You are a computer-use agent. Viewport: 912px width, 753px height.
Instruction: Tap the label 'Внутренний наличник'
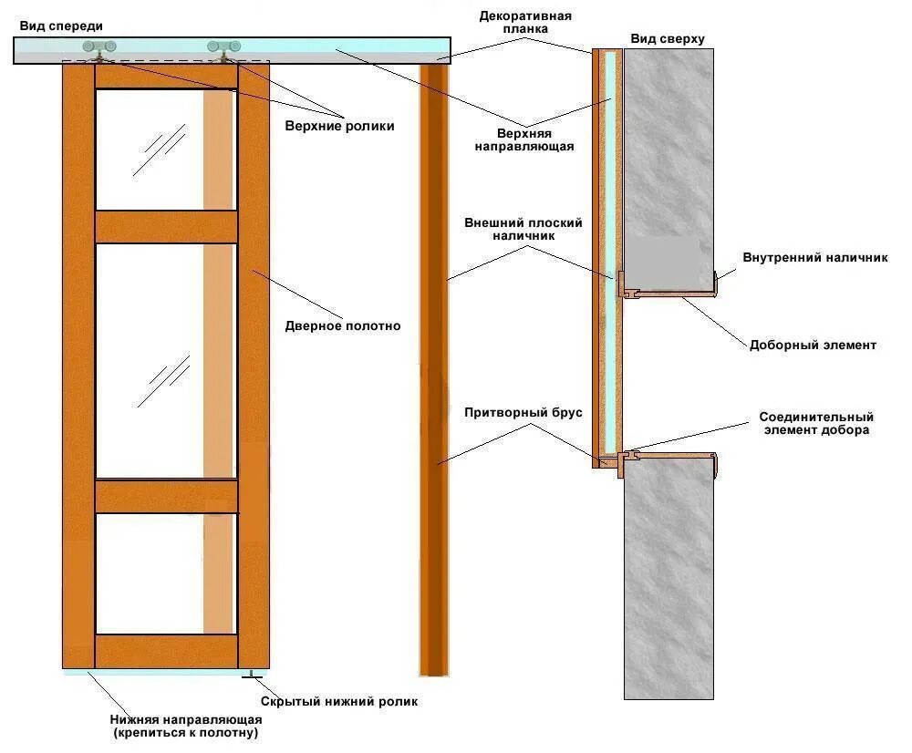pyautogui.click(x=814, y=258)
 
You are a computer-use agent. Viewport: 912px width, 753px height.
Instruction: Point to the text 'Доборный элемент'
pyautogui.click(x=813, y=345)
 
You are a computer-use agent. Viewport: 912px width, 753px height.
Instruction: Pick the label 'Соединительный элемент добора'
pyautogui.click(x=815, y=424)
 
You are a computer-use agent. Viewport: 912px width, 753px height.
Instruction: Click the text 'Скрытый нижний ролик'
pyautogui.click(x=339, y=701)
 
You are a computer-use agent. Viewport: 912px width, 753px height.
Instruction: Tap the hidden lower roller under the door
pyautogui.click(x=249, y=676)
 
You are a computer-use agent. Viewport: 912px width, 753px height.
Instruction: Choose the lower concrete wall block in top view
pyautogui.click(x=668, y=583)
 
